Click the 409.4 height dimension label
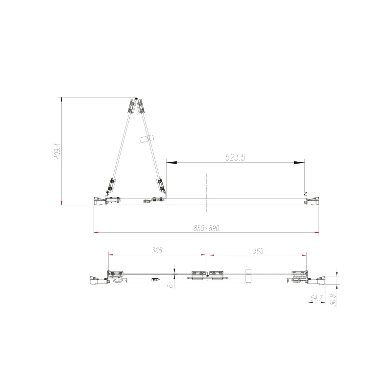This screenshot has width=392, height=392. click(57, 151)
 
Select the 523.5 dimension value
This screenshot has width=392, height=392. click(235, 157)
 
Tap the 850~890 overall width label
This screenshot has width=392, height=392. click(206, 228)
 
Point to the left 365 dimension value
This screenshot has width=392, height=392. click(157, 250)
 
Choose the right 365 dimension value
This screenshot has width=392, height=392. click(258, 251)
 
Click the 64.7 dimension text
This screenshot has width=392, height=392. click(317, 298)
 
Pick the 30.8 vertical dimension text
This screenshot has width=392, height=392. click(333, 300)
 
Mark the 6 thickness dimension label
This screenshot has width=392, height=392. click(171, 286)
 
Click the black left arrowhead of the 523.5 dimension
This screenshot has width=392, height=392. click(171, 163)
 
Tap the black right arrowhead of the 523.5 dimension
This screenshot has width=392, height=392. click(299, 163)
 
